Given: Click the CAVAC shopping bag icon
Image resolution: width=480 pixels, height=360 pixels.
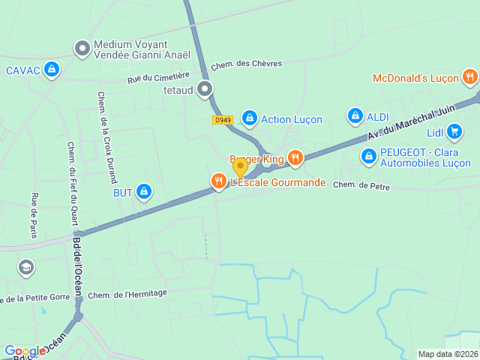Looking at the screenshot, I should tap(51, 70).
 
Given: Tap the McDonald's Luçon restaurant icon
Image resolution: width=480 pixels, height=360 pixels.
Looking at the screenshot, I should tap(469, 76).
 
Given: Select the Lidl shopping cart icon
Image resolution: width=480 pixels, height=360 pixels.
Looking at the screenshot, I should tap(454, 133).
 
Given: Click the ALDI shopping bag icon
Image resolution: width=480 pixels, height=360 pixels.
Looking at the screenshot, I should tap(355, 116).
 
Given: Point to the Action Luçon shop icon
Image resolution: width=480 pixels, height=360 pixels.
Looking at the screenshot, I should tap(249, 118).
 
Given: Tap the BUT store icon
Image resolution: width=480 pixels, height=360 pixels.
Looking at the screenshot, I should tap(144, 193).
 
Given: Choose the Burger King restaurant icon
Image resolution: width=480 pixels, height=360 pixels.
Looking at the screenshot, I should tap(295, 158).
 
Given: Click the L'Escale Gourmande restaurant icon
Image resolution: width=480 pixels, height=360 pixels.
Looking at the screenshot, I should tap(218, 181).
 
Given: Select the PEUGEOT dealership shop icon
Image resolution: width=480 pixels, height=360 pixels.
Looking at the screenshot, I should tap(368, 157).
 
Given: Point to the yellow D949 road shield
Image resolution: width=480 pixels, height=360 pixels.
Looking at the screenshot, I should tap(223, 119).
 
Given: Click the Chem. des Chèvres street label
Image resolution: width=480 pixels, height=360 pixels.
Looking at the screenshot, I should tap(246, 64).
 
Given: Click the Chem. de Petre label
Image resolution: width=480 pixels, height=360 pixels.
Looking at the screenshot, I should tap(361, 185).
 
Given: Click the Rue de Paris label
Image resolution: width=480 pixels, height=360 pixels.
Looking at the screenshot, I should tap(34, 215).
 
